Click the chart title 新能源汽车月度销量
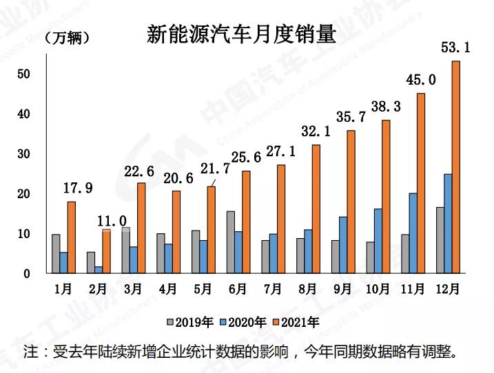point(242,34)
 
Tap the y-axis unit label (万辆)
point(66,39)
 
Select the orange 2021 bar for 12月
point(455,167)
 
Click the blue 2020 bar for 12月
point(447,223)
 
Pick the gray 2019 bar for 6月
point(230,242)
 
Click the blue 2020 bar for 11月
point(413,233)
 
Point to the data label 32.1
point(316,131)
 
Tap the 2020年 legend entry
point(243,321)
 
